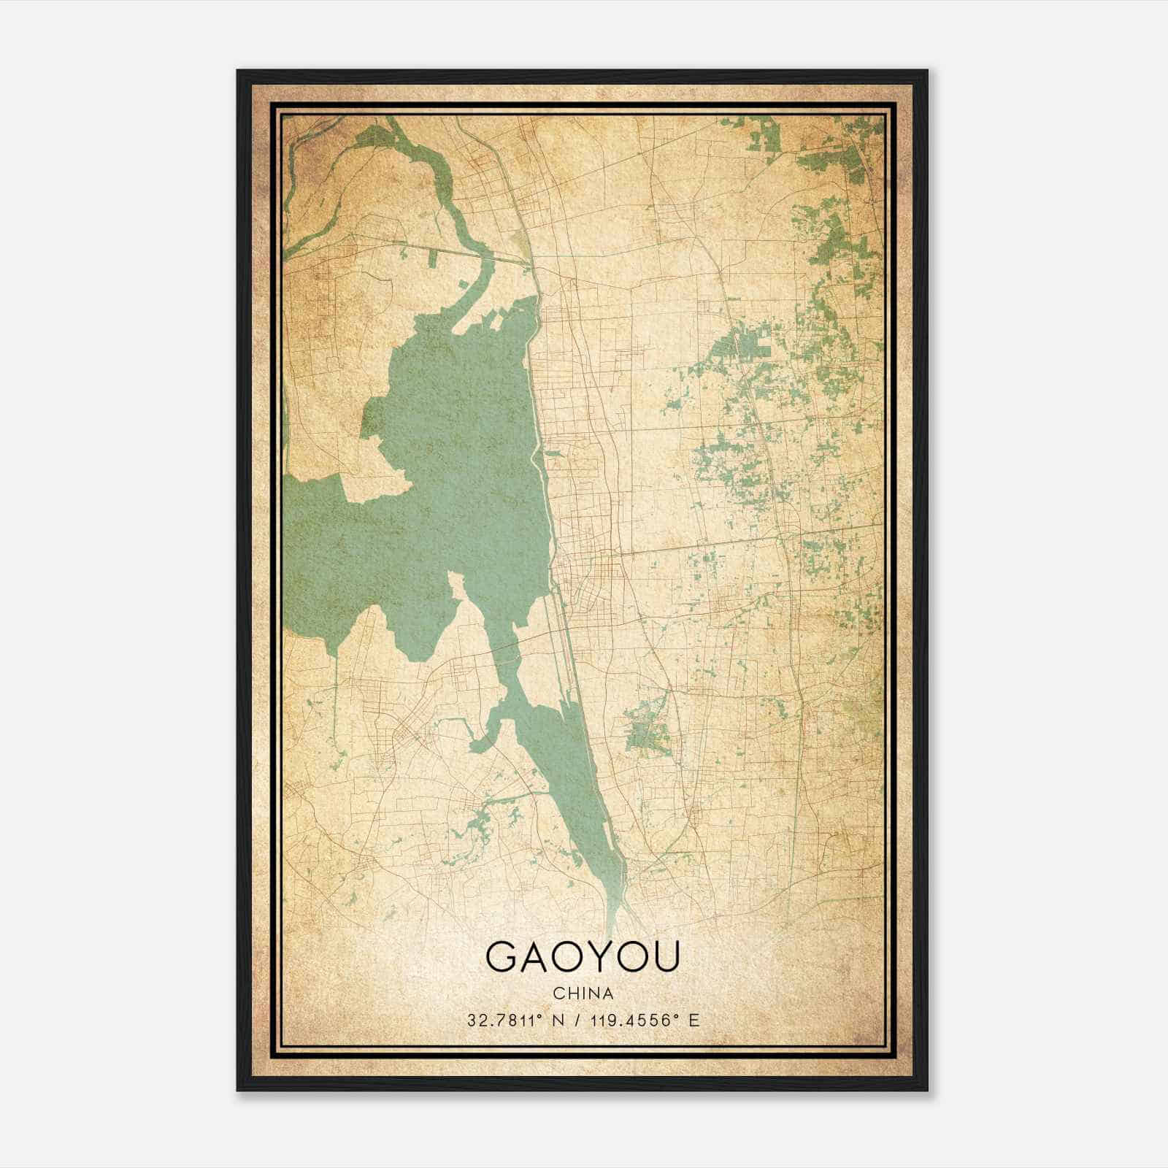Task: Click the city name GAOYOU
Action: (583, 958)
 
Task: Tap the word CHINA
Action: (583, 994)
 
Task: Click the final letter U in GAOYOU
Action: (666, 958)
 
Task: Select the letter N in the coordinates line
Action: (558, 1020)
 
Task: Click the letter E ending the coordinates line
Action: (694, 1020)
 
